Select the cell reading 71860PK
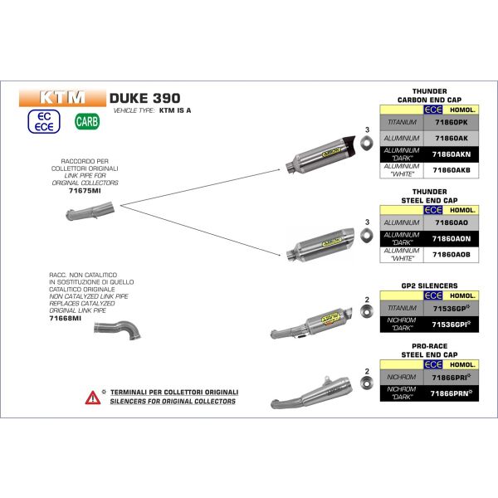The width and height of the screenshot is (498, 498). (449, 121)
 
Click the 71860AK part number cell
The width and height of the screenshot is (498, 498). (449, 138)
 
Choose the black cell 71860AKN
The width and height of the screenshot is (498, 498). (449, 154)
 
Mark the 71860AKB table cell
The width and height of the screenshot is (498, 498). (449, 169)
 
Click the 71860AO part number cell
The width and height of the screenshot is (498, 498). (449, 223)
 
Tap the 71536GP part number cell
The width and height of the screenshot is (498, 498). (449, 307)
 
